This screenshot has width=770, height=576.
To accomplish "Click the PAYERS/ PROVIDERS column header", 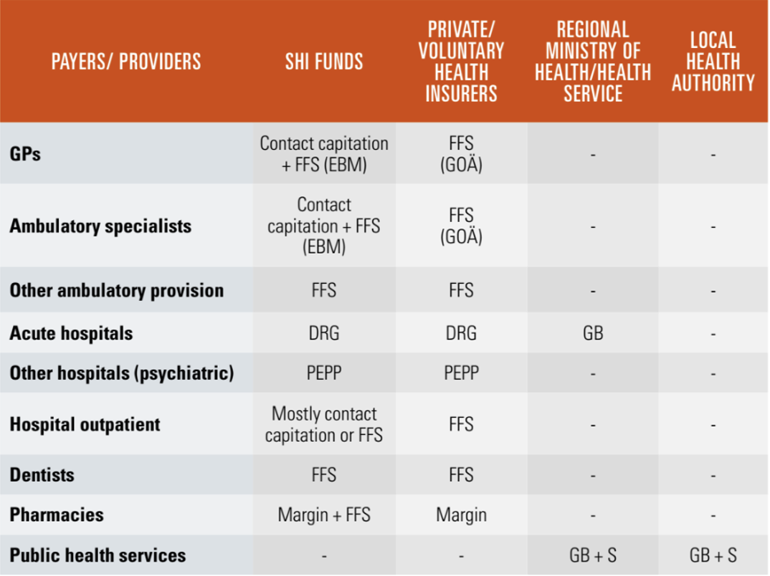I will click(x=126, y=62).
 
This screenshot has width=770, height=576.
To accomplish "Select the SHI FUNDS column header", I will click(x=324, y=62).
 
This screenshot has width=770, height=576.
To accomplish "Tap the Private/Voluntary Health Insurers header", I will click(x=461, y=62).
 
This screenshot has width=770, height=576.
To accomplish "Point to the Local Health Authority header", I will click(x=713, y=62).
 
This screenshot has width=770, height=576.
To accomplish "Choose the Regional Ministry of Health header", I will click(x=593, y=62).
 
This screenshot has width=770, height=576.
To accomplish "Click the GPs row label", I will click(x=26, y=153).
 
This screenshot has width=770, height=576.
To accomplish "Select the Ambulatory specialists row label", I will click(x=100, y=226).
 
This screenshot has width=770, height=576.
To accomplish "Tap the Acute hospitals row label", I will click(x=71, y=333).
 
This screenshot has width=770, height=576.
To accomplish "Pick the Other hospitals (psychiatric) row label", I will click(x=122, y=373).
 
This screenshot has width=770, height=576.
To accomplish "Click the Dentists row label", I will click(x=42, y=474).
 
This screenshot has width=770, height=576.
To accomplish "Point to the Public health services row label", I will click(x=98, y=555).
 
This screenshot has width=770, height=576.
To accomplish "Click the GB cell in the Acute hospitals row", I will click(x=593, y=333).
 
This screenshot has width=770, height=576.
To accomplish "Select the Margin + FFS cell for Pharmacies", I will click(x=324, y=514).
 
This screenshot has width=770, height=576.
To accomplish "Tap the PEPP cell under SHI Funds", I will click(x=324, y=373).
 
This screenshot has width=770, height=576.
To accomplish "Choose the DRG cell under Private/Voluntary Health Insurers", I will click(x=461, y=333).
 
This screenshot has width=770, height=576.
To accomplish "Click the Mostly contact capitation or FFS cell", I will click(x=324, y=424).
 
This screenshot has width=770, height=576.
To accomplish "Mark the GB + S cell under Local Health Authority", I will click(x=713, y=555).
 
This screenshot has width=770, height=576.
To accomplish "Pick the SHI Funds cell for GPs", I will click(x=324, y=153).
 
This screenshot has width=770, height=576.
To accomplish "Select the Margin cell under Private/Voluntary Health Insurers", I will click(x=461, y=514).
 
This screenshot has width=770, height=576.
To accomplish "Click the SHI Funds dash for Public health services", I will click(x=324, y=555).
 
